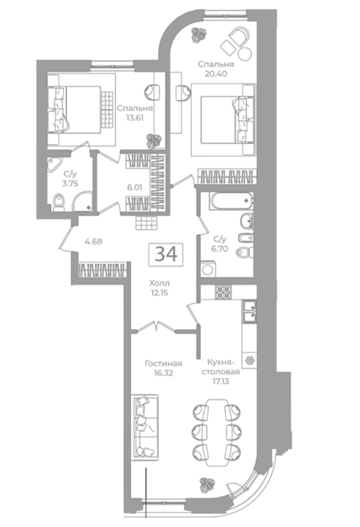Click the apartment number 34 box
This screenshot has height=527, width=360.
pos(166,254)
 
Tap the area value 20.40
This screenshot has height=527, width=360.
pos(216,74)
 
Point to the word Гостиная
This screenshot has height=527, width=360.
pos(163,364)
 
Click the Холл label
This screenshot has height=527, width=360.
pos(160,283)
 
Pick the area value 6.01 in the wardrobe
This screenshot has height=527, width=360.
pos(135,187)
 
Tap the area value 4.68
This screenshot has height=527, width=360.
pos(93,241)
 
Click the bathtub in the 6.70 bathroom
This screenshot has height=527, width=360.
pos(231,201)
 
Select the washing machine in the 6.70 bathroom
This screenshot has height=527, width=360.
pos(209,269)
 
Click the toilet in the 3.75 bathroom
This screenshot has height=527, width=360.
pos(59,203)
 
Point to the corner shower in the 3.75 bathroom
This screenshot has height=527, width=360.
pos(83,202)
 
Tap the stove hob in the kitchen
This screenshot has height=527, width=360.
pos(223,292)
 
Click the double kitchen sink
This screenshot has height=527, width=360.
pos(249,312)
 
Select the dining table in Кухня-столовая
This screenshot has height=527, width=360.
pos(217,432)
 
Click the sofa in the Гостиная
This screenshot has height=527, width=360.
pos(145,428)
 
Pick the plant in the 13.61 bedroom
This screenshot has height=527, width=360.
pos(154,141)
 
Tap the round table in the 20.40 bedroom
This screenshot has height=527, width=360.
pos(245,53)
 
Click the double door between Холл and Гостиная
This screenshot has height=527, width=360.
pos(157,327)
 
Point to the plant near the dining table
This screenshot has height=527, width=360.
pos(207,486)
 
